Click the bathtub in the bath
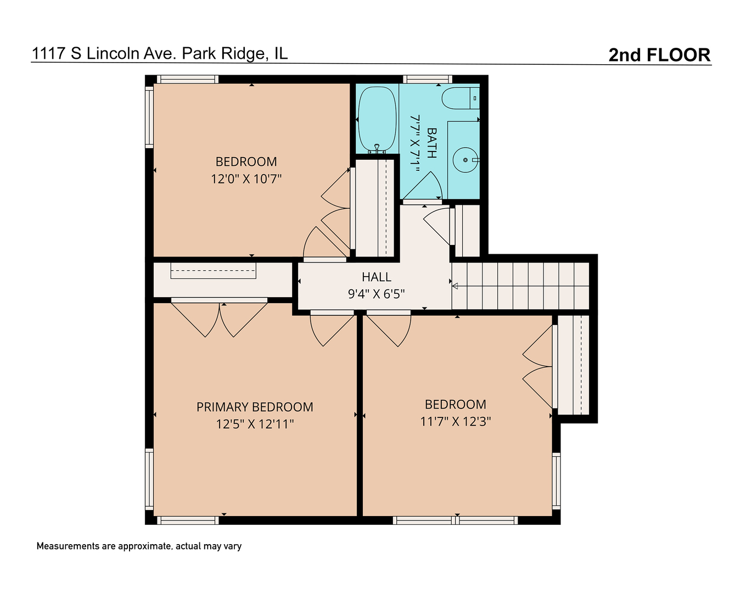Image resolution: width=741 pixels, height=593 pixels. tap(377, 119)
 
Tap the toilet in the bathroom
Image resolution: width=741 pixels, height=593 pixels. tap(460, 98)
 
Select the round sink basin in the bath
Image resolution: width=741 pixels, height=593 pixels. tap(465, 160)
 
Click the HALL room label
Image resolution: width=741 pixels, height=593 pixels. tap(377, 277)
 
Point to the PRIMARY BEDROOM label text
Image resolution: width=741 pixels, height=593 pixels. tap(255, 407)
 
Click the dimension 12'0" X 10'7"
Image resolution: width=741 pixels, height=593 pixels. tap(246, 179)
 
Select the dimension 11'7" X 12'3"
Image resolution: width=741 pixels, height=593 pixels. tap(456, 422)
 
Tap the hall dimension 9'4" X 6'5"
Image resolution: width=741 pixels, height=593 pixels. tap(377, 294)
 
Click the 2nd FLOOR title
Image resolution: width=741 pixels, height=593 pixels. tap(659, 55)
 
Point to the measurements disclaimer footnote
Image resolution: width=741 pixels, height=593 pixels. tap(139, 546)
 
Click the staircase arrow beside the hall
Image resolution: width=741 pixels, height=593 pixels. tap(455, 285)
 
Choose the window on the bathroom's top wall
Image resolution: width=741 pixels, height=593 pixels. tap(428, 79)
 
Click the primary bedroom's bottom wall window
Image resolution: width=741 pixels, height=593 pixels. tap(188, 520)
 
